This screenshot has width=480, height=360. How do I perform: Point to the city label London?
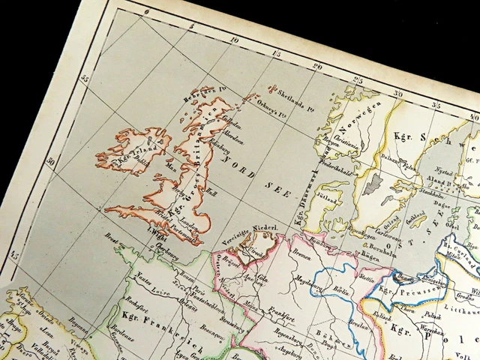(188, 229)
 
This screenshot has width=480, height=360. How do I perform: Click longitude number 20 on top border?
(317, 65)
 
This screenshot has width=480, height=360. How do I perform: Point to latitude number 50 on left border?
(50, 161)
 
